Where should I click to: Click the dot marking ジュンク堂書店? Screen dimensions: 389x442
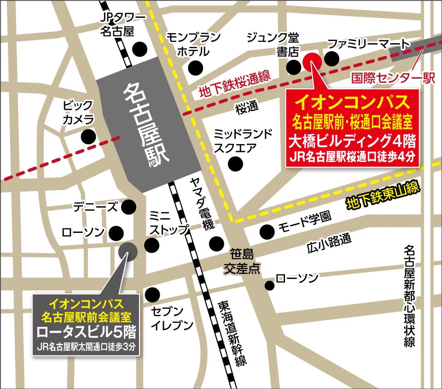click(x=293, y=67)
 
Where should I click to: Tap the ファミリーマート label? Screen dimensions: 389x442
click(x=367, y=44)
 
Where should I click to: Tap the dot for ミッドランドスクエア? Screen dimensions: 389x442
click(x=236, y=163)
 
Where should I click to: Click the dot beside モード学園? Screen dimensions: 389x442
click(x=266, y=231)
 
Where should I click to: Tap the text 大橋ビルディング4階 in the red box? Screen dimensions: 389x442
click(x=353, y=139)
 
